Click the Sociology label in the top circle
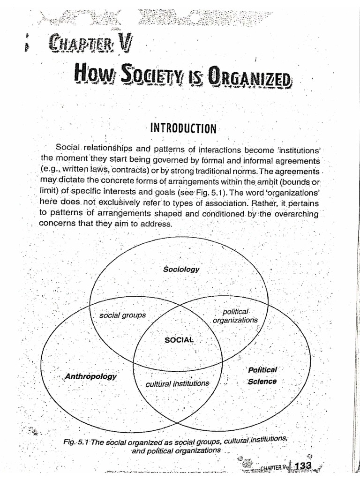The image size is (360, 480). [x=181, y=269]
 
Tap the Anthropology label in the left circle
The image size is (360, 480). [x=91, y=376]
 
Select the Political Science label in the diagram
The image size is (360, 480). [x=262, y=375]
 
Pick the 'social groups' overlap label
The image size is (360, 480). [x=122, y=315]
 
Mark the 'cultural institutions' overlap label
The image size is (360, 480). [x=177, y=383]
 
